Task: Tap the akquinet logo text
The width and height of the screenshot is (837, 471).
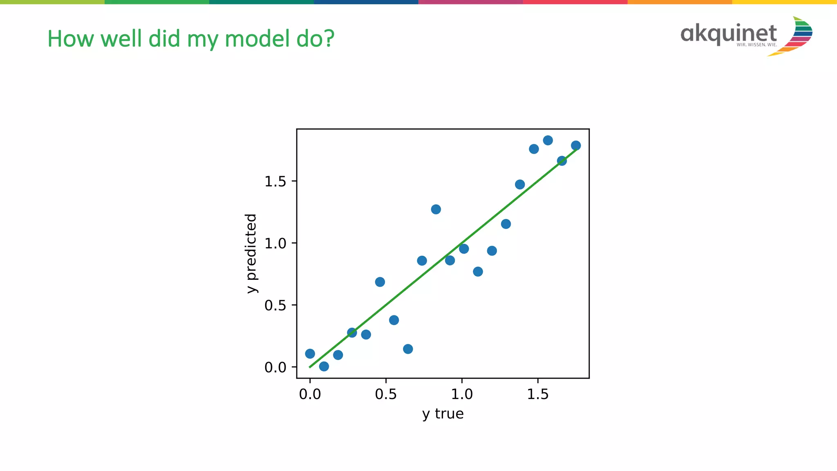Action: click(729, 33)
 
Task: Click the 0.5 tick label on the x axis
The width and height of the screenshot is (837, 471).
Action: click(386, 394)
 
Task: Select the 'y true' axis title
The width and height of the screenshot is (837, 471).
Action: click(443, 414)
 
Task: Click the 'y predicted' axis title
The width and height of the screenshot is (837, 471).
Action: click(251, 253)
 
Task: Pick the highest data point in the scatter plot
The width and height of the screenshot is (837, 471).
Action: click(548, 141)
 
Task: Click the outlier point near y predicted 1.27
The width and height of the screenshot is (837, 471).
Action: click(436, 210)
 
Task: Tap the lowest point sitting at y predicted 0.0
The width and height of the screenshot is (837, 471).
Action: click(324, 366)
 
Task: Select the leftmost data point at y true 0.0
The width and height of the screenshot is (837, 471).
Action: click(310, 354)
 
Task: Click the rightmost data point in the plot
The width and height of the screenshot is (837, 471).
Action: click(576, 145)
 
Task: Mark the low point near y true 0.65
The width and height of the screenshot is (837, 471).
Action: click(408, 349)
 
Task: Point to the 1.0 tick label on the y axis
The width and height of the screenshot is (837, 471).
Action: click(275, 243)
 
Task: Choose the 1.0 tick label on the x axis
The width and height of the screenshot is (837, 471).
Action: click(462, 394)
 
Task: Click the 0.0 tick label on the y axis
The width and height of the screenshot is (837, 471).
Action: click(275, 368)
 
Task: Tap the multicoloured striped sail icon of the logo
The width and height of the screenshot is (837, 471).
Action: click(797, 36)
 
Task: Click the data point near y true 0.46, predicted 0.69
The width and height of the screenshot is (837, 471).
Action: click(380, 282)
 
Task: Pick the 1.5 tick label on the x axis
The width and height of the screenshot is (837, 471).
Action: click(537, 394)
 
